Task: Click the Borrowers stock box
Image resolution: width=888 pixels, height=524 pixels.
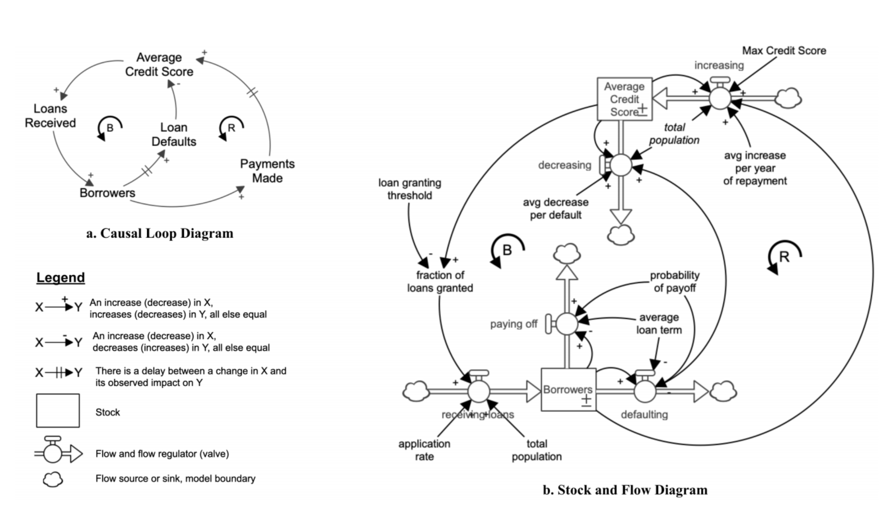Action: [x=568, y=390]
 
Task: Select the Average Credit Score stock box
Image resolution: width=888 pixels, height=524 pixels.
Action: [x=624, y=99]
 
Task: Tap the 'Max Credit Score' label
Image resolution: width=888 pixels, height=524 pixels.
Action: [x=784, y=51]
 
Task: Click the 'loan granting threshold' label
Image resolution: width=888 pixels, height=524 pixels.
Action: [x=409, y=189]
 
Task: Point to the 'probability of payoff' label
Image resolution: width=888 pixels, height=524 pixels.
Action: [x=674, y=281]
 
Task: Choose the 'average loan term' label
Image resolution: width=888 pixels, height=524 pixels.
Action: [x=659, y=323]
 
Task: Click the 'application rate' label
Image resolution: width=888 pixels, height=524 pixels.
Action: [x=424, y=450]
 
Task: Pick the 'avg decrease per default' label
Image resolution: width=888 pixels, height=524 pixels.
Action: [x=555, y=208]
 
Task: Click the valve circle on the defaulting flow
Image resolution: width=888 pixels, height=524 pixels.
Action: [x=645, y=391]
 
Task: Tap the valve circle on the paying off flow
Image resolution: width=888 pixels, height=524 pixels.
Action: [x=566, y=324]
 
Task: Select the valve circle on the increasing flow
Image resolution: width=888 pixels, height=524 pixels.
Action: [x=720, y=98]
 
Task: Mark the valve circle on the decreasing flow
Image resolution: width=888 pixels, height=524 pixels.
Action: [x=621, y=165]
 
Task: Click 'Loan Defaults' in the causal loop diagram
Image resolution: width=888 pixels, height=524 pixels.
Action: [x=174, y=134]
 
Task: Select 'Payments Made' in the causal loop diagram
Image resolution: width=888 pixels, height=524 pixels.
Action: [x=267, y=170]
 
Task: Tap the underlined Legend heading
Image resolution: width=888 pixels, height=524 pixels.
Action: [x=60, y=277]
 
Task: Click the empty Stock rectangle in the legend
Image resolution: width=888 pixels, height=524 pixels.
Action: [x=58, y=411]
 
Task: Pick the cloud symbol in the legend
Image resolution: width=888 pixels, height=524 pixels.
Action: [x=53, y=479]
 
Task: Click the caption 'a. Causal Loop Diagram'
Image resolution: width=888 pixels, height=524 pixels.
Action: [x=160, y=233]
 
